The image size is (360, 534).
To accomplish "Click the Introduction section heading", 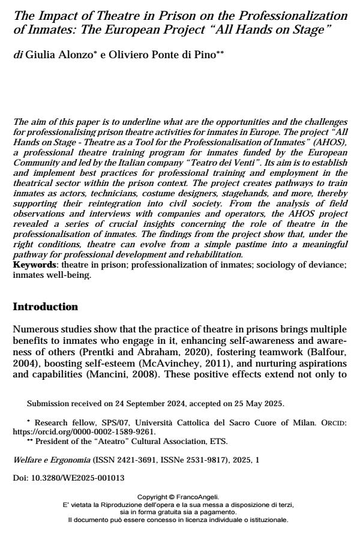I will point(46,307).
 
